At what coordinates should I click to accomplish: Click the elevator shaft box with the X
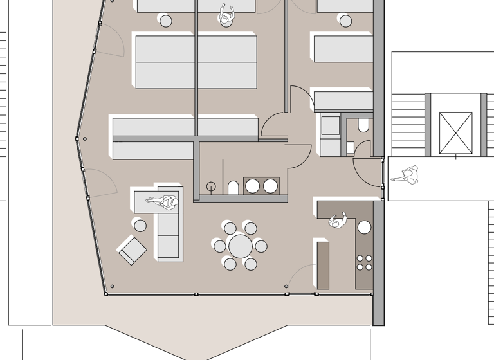(455, 133)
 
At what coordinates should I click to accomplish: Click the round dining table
(241, 246)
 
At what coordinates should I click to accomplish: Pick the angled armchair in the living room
(132, 249)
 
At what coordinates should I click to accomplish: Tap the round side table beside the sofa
(140, 225)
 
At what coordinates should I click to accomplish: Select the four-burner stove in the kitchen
(364, 262)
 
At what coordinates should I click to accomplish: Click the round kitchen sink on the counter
(365, 227)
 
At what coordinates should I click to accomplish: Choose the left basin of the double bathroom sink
(253, 186)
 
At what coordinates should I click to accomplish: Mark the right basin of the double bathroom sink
(270, 186)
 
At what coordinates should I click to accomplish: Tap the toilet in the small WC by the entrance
(363, 125)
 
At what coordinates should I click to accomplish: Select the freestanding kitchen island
(323, 265)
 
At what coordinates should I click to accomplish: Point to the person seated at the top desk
(226, 15)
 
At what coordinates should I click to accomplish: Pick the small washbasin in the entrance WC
(350, 148)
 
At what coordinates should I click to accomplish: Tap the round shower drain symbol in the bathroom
(210, 187)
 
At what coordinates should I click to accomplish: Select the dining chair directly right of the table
(261, 246)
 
